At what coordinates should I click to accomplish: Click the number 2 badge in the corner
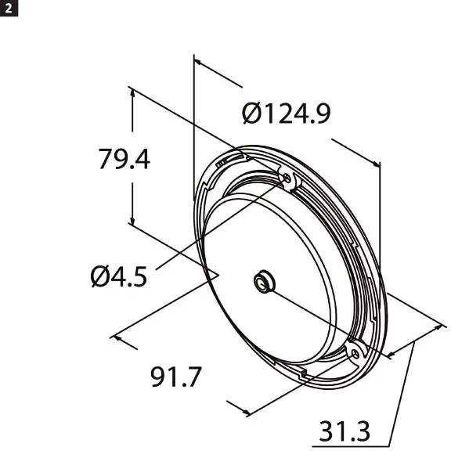[x=7, y=7]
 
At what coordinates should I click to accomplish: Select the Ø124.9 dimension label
[x=286, y=114]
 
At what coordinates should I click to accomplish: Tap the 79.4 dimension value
[x=124, y=159]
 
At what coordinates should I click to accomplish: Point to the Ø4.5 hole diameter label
[x=118, y=276]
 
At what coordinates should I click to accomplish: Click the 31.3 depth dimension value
[x=345, y=431]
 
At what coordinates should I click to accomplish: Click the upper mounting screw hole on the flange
[x=287, y=180]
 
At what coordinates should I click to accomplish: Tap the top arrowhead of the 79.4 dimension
[x=134, y=92]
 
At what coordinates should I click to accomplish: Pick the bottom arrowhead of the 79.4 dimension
[x=134, y=222]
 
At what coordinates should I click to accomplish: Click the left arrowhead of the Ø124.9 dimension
[x=197, y=60]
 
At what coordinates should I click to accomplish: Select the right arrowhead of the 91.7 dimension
[x=250, y=412]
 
